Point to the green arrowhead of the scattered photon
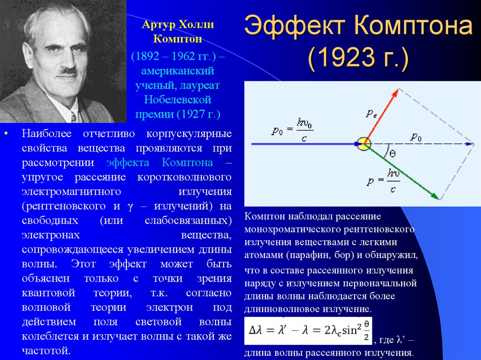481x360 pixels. click(x=435, y=196)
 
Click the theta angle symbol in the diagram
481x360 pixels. click(x=392, y=153)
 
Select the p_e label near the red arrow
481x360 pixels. click(x=371, y=114)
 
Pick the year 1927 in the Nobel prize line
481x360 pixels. click(x=192, y=114)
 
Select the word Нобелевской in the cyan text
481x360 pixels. click(x=178, y=100)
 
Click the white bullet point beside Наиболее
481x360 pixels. click(x=6, y=134)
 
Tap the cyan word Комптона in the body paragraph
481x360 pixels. click(x=187, y=162)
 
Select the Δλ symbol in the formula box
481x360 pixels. click(x=256, y=330)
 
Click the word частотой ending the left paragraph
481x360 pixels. click(x=46, y=351)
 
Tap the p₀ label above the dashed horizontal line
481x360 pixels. click(x=416, y=136)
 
